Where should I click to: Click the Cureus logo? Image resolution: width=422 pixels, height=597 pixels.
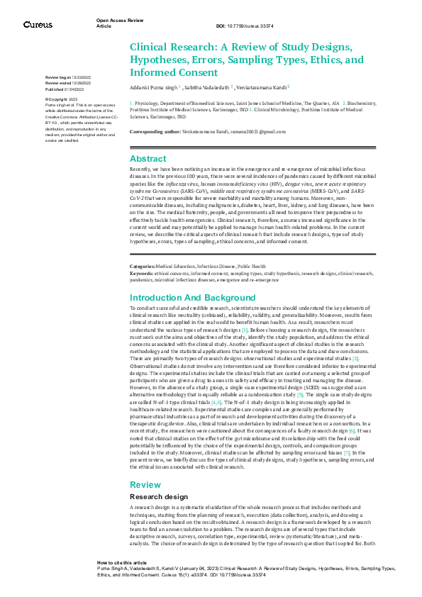point(38,25)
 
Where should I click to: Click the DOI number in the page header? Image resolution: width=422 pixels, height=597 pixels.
point(246,26)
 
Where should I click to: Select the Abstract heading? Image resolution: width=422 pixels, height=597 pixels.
point(148,160)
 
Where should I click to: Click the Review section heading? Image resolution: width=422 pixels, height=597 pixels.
point(145,484)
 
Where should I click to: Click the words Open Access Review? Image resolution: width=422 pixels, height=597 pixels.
point(116,21)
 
